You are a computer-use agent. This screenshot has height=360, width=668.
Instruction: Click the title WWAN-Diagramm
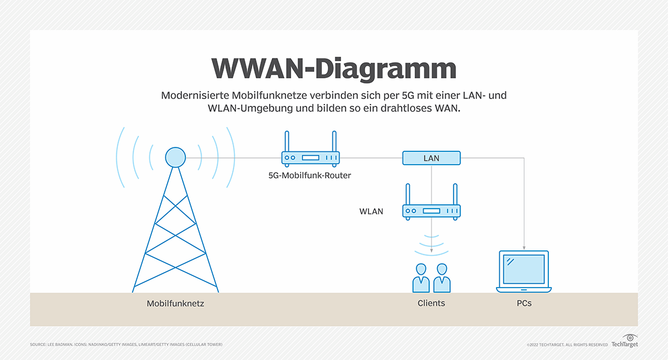click(x=334, y=69)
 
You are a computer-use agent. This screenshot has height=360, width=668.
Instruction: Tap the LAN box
click(x=431, y=158)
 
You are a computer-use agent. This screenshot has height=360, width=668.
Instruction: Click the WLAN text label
click(x=371, y=211)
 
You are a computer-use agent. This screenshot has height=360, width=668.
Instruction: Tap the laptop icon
click(x=523, y=272)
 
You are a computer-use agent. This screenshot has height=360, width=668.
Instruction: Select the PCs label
click(x=523, y=304)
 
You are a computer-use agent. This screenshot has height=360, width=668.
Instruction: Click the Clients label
click(x=431, y=303)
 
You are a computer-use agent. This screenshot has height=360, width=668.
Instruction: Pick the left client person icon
click(x=421, y=278)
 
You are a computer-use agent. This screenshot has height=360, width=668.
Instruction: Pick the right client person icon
click(x=442, y=278)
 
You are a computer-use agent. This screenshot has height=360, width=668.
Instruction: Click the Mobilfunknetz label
click(x=175, y=304)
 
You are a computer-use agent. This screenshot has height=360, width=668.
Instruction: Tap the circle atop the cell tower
click(x=175, y=157)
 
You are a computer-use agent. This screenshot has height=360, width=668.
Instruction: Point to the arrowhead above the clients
click(x=431, y=251)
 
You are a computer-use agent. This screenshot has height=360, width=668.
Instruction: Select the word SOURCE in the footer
click(x=38, y=345)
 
